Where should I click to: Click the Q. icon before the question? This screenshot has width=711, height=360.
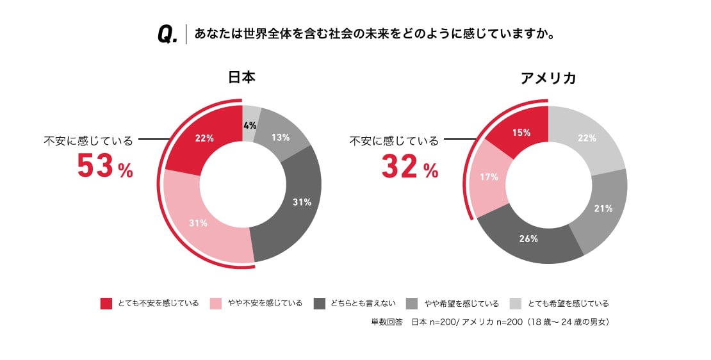167,35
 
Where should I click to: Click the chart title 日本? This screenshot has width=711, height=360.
241,78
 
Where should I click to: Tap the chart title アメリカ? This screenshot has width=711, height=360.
548,78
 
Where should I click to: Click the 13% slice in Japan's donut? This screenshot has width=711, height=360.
280,137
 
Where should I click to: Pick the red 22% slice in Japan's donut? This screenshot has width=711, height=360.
204,138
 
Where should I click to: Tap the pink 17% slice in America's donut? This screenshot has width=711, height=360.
491,177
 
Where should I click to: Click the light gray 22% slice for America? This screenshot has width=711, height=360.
586,138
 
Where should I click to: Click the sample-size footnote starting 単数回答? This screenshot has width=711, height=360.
490,322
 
